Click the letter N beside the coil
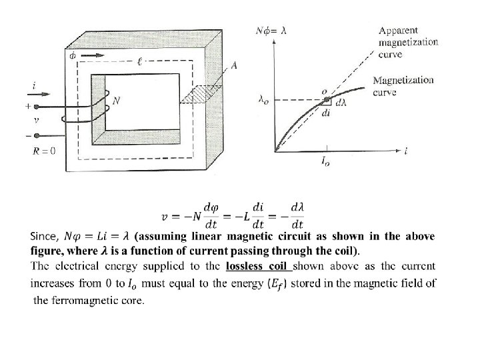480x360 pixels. coord(117,101)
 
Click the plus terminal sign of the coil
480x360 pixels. coord(27,105)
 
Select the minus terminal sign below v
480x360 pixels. coord(27,135)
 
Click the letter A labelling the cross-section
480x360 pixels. coord(233,65)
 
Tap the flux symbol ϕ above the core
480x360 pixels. coord(72,55)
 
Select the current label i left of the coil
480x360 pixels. coord(33,85)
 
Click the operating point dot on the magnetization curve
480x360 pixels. coord(326,100)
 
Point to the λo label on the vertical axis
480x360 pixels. coord(263,101)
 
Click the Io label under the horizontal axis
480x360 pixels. coord(325,162)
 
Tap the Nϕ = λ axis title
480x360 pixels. coord(271,30)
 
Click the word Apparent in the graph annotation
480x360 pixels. coord(399,30)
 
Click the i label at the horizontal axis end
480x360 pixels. coord(407,152)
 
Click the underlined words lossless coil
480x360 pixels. coord(257,267)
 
